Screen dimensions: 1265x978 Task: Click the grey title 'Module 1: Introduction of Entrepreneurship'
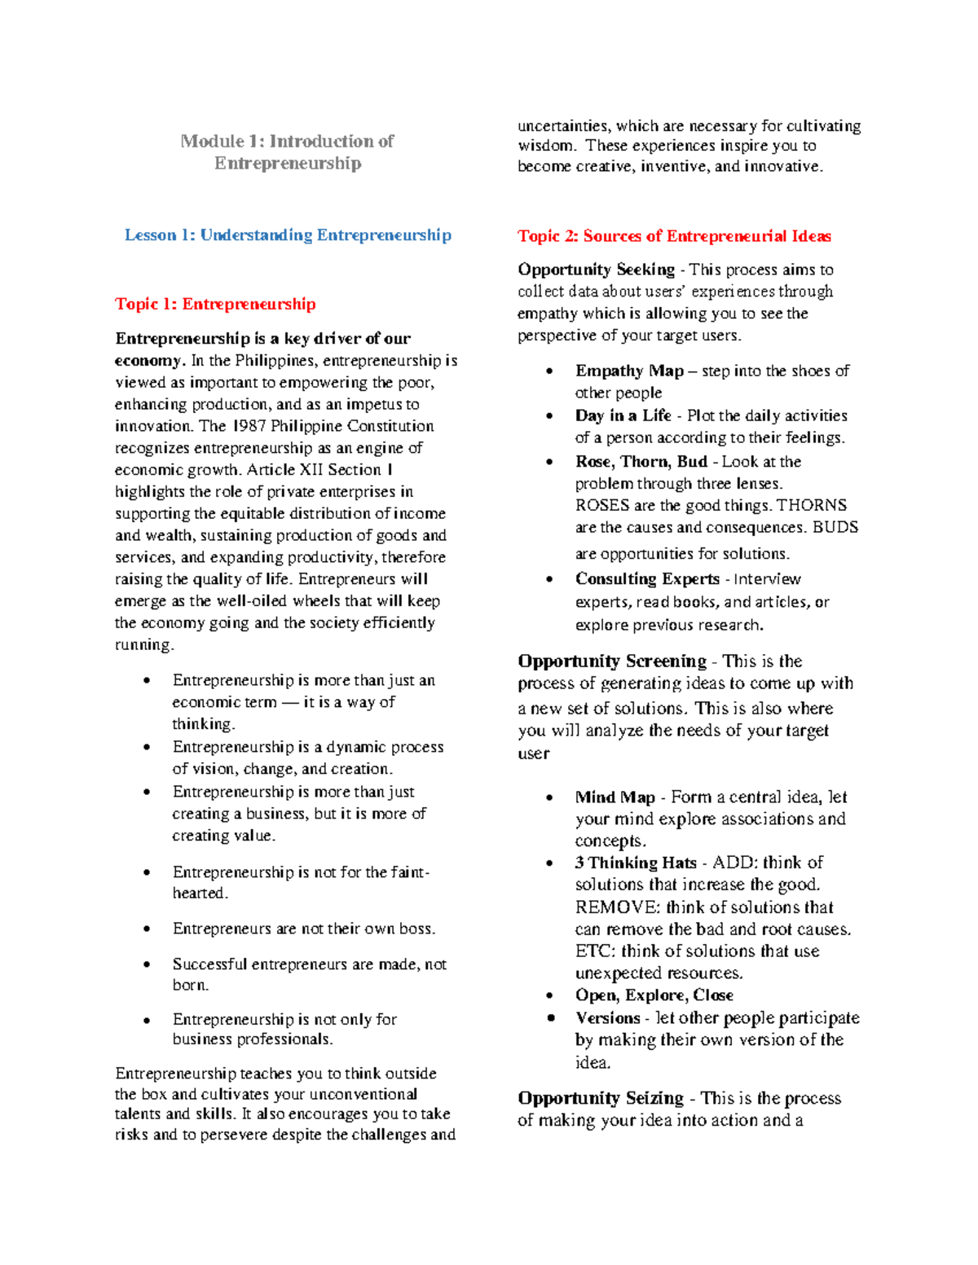(x=287, y=152)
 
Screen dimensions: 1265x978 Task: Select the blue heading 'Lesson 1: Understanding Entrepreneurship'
(x=288, y=235)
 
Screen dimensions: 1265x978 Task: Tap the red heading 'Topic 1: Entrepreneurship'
(x=215, y=305)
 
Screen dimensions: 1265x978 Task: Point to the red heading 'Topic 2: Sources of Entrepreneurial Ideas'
(x=674, y=236)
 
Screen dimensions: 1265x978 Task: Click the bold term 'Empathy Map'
(x=629, y=371)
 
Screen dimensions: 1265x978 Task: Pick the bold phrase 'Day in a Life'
(x=623, y=415)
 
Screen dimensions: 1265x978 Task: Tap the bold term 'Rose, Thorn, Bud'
(x=641, y=462)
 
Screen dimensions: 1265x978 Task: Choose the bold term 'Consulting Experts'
(x=647, y=579)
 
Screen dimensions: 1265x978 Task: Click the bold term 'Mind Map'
(x=615, y=797)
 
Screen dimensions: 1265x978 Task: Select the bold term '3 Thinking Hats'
(x=636, y=863)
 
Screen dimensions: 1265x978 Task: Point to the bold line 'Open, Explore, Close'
(x=654, y=995)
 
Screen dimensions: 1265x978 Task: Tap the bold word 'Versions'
(x=607, y=1018)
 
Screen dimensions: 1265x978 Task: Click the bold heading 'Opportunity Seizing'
(x=601, y=1098)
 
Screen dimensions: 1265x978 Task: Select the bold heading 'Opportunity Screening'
(x=612, y=661)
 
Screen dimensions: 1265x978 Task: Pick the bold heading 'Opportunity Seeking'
(x=596, y=270)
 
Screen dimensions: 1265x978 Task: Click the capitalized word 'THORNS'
(x=812, y=506)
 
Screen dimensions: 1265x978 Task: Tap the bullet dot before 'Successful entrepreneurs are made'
(x=147, y=964)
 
